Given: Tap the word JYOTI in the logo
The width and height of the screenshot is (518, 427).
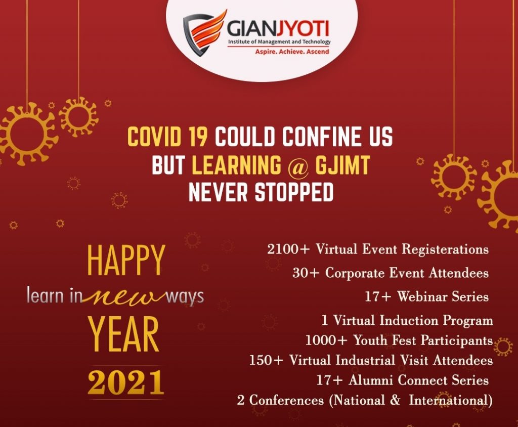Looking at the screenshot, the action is [x=303, y=29].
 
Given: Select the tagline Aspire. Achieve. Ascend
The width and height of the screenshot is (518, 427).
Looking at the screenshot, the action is [x=292, y=52].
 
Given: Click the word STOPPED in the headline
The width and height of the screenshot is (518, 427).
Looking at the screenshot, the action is [x=294, y=192].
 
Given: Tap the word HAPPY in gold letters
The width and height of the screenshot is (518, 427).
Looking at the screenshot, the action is [x=126, y=261].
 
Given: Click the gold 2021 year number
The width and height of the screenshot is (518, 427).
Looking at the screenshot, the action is [x=126, y=382].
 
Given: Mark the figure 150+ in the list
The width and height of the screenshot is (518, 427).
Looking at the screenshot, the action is [x=266, y=360].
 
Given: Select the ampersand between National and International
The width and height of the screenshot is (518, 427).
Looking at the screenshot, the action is [x=395, y=400].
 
